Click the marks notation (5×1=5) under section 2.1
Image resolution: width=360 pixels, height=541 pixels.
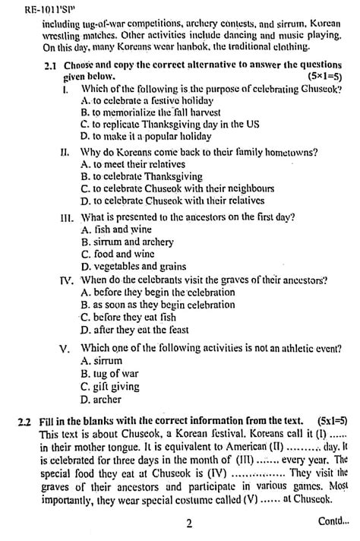point(325,77)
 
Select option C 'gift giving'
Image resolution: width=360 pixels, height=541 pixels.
point(111,387)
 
